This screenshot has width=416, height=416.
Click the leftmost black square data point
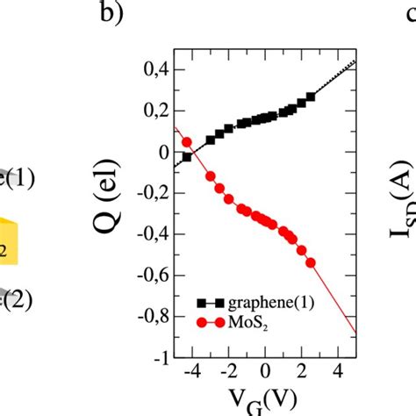[186, 156]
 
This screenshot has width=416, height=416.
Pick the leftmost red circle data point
[186, 141]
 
